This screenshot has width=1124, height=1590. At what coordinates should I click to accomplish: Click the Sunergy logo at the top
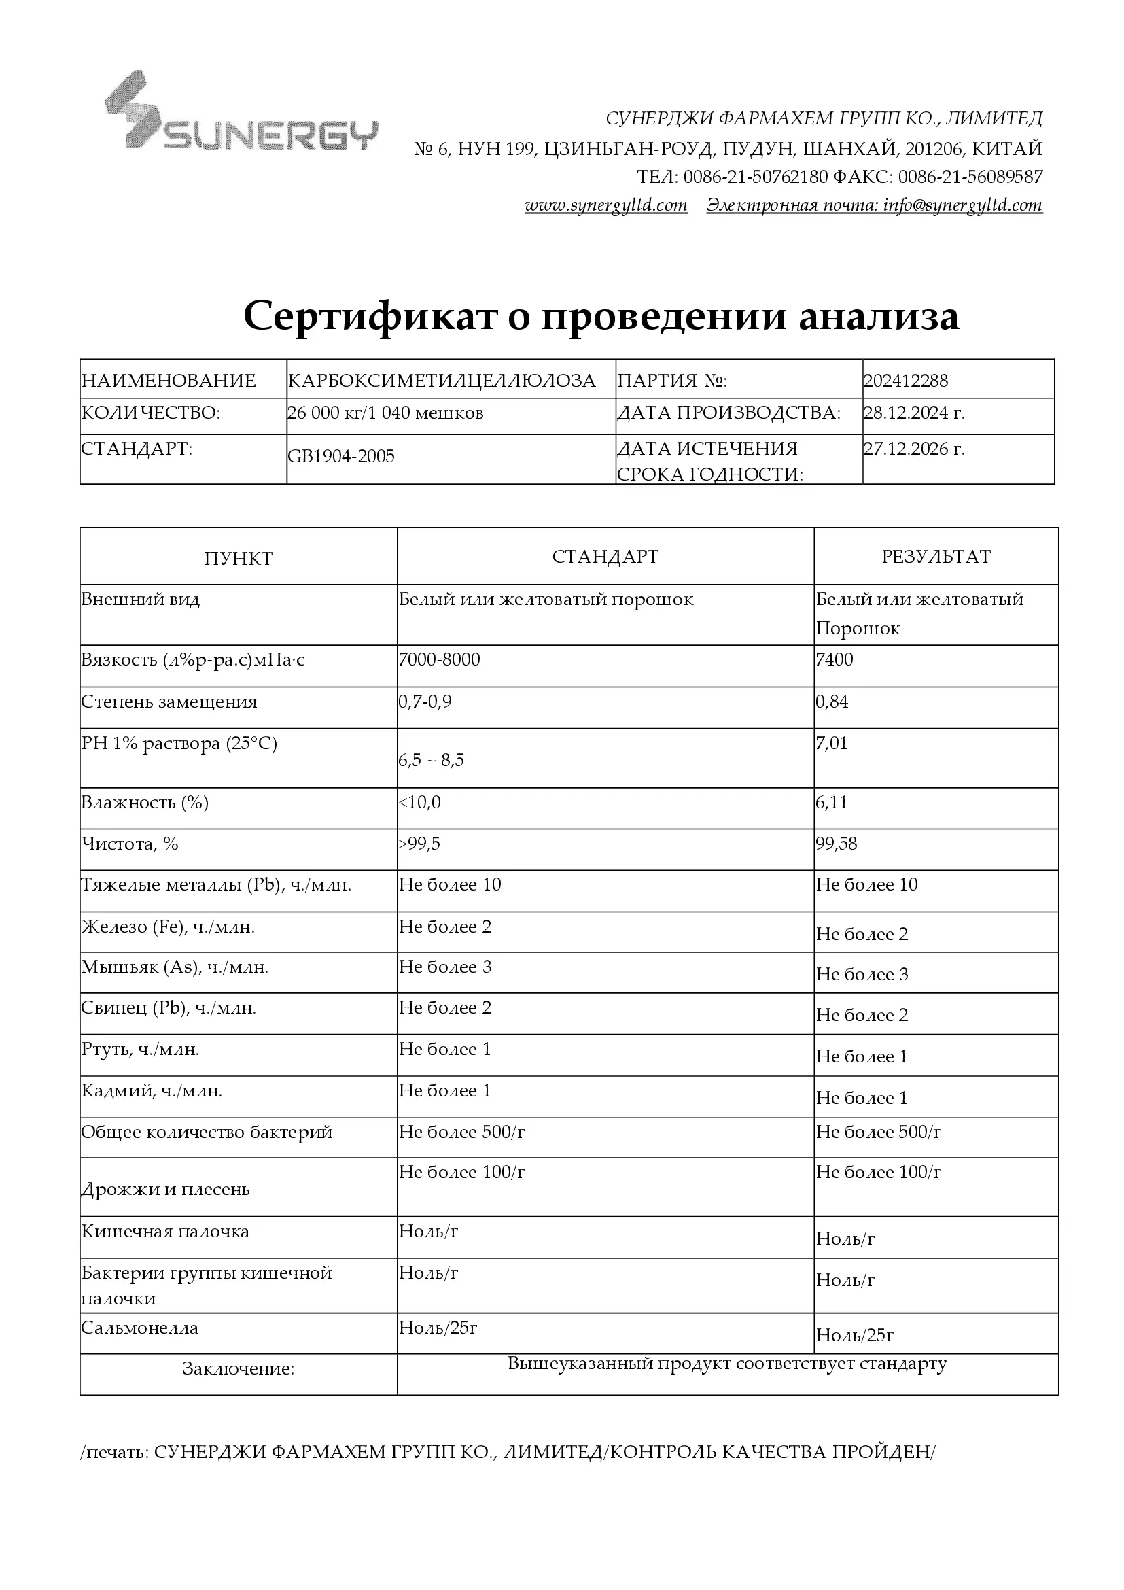point(241,112)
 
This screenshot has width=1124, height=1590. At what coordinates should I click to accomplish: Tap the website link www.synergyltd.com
point(606,206)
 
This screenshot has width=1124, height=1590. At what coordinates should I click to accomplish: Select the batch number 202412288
point(905,381)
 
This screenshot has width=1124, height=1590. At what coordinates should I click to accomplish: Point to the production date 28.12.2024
point(913,413)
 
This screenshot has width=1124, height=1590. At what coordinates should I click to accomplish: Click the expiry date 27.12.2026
point(913,449)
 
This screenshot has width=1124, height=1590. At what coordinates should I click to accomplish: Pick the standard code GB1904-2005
point(341,456)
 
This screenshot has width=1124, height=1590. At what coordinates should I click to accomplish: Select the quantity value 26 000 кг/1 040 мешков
point(385,413)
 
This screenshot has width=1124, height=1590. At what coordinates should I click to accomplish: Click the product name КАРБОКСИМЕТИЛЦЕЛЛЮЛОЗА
point(442,381)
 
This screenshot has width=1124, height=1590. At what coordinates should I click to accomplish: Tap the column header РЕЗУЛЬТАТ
point(936,557)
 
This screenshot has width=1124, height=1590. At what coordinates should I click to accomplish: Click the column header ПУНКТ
point(238,559)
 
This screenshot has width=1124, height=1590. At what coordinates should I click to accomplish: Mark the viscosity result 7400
point(835,659)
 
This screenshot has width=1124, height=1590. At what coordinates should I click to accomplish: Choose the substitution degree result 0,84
point(832,702)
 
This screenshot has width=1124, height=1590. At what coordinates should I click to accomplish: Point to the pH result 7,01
point(832,744)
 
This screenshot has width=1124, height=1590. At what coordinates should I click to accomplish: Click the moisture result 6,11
point(832,803)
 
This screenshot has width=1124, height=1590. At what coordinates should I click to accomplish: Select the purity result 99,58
point(837,844)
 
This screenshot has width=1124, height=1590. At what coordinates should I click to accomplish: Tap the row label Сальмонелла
point(140,1328)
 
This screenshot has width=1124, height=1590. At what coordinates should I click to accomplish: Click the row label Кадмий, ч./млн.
point(152,1092)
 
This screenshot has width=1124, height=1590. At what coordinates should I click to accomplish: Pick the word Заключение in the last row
point(238,1369)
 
